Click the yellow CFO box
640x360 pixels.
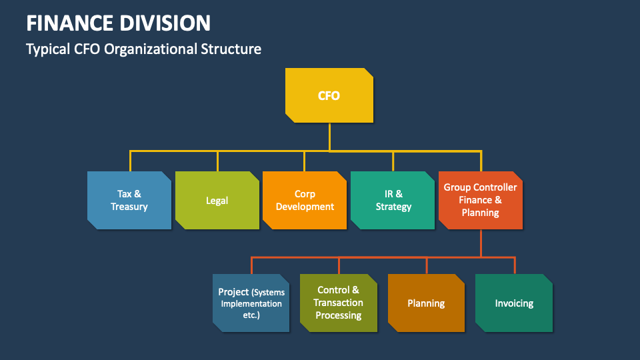point(329,95)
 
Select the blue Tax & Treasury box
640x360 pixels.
point(129,200)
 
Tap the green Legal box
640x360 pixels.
point(217,200)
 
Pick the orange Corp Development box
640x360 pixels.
point(305,200)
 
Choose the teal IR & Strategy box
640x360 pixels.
point(393,200)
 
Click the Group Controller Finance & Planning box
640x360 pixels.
point(481,200)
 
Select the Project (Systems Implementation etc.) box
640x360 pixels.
point(251,303)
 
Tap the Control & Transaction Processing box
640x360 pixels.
point(338,303)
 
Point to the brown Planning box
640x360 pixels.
point(426,303)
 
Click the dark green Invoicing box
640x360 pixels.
point(514,303)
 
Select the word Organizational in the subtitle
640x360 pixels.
point(149,49)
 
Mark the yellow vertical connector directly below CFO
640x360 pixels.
point(329,137)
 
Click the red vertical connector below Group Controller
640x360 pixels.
point(481,243)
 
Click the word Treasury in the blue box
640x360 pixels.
point(129,207)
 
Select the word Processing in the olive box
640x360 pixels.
point(338,315)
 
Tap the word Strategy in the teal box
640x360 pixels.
point(393,207)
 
